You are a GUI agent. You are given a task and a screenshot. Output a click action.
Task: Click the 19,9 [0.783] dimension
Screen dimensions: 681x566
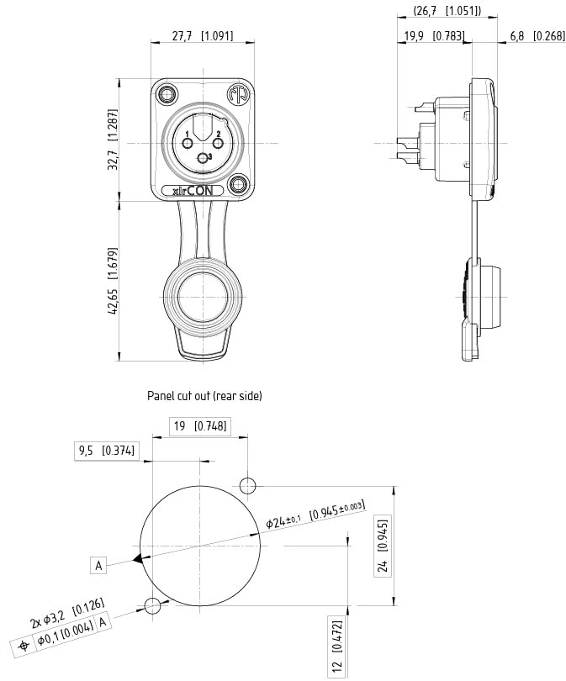coord(434,36)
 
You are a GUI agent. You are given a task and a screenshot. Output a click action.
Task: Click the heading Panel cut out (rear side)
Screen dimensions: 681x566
coord(204,395)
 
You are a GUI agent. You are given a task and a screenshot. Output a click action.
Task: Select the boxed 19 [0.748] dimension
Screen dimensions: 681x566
coord(200,426)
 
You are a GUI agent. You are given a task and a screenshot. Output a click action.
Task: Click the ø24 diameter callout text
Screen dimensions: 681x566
coord(315,515)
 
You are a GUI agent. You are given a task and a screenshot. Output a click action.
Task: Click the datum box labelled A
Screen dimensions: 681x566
coord(99,566)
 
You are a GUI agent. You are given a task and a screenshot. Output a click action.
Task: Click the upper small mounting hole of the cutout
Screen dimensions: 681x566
coord(248,485)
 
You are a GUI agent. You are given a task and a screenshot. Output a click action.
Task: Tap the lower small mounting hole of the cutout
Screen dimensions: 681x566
coord(152,605)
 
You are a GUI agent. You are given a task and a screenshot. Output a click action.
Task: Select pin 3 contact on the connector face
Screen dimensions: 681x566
coord(202,157)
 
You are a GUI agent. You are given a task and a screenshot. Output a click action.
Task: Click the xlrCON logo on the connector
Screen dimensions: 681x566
coord(197,191)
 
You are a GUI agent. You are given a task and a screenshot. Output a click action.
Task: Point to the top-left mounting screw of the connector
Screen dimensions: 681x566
coord(166,92)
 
